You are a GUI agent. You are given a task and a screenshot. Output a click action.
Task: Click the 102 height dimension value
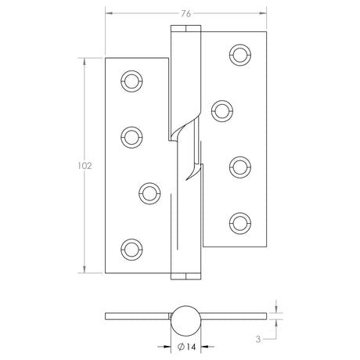(85, 166)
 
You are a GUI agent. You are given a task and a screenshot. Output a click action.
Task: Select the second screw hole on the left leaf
(130, 136)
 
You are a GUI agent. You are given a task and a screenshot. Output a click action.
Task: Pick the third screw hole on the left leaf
(148, 192)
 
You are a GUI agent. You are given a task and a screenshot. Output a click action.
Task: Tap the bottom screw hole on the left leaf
(130, 248)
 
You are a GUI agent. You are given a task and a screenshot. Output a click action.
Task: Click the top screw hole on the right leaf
(238, 54)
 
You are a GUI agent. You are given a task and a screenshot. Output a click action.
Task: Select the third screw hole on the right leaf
(238, 165)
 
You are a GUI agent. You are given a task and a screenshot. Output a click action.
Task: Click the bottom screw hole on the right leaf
(238, 221)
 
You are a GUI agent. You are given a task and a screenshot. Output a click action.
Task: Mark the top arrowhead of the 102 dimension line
(85, 59)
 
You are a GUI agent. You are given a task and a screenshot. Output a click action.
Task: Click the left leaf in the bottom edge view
(137, 316)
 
